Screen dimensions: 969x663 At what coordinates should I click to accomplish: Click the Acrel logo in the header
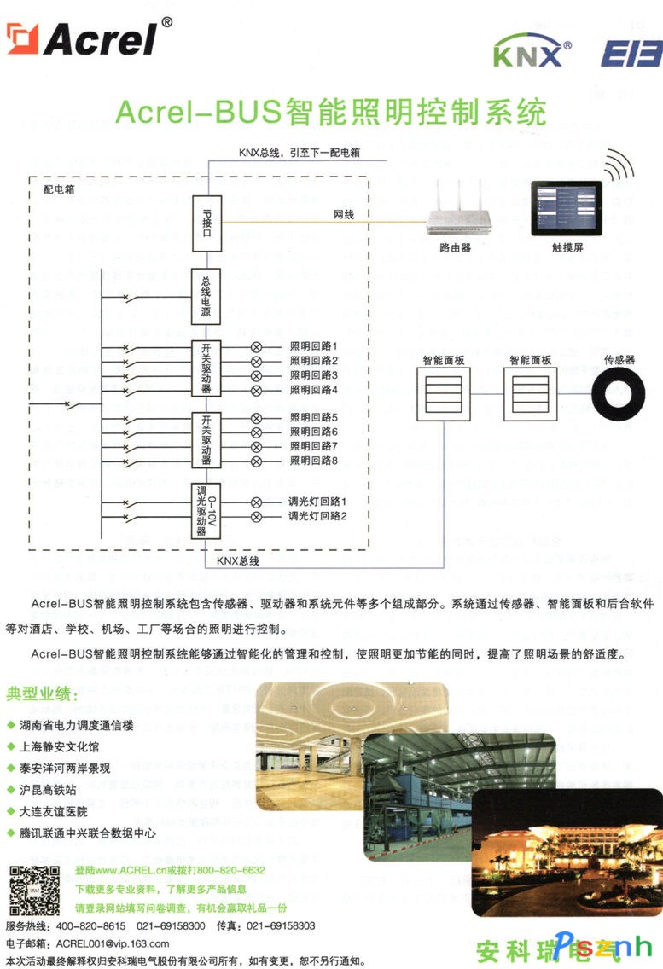pyautogui.click(x=85, y=39)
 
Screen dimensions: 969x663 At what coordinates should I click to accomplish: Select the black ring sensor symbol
pyautogui.click(x=620, y=396)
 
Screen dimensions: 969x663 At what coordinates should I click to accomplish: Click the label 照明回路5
pyautogui.click(x=314, y=418)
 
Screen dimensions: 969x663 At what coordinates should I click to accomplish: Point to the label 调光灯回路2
pyautogui.click(x=317, y=517)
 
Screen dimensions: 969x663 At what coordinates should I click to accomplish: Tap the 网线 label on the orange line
pyautogui.click(x=343, y=215)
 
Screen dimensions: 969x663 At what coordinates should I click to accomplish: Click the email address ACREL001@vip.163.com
pyautogui.click(x=111, y=943)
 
